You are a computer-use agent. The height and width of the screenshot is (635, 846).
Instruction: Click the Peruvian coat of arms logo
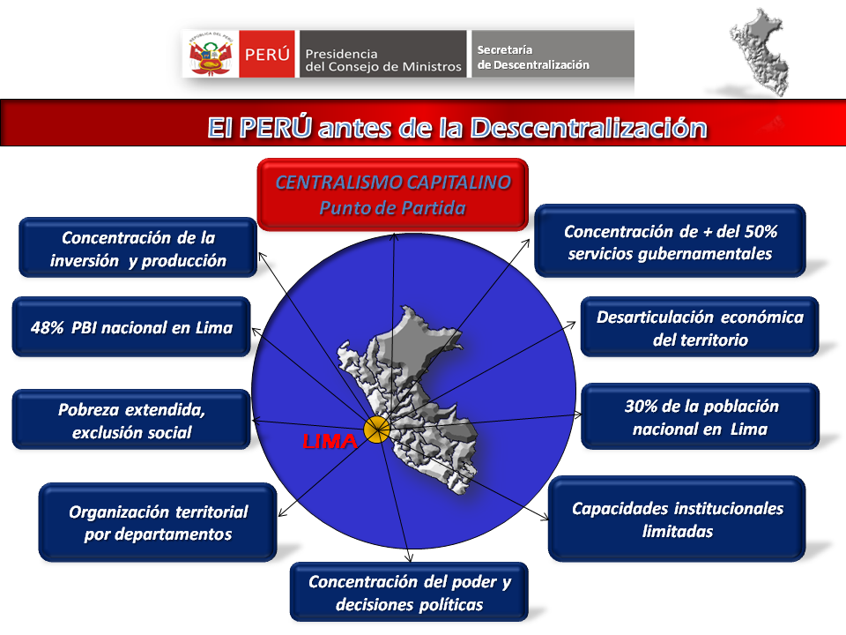point(210,54)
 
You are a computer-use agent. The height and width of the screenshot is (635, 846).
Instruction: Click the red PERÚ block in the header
point(267,54)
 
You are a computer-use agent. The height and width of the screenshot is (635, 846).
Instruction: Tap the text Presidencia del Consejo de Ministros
point(382,59)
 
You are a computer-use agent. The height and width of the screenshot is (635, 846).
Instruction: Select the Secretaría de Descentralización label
point(533,57)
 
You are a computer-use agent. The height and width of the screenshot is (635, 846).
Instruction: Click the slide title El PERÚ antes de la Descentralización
point(456,127)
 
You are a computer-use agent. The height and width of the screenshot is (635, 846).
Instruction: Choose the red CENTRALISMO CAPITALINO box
point(393,194)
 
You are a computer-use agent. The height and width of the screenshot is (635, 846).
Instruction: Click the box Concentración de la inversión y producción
point(138,249)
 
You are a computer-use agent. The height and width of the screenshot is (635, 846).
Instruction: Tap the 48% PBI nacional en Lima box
point(131,327)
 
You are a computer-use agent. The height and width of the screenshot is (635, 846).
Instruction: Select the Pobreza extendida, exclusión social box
point(131,420)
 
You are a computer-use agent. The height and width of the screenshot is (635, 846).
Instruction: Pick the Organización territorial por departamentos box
point(159,522)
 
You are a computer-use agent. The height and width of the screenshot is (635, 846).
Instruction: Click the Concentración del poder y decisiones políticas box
point(409,593)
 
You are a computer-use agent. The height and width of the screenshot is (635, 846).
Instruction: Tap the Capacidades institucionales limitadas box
point(677,519)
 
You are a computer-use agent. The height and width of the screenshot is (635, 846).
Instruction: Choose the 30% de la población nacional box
point(701,417)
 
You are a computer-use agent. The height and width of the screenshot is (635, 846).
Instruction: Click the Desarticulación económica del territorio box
point(700,327)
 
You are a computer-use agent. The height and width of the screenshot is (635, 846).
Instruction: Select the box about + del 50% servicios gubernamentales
point(670,242)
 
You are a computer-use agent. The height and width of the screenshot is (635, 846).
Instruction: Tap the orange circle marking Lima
point(376,430)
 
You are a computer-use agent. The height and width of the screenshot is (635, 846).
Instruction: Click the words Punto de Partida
point(393,208)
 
